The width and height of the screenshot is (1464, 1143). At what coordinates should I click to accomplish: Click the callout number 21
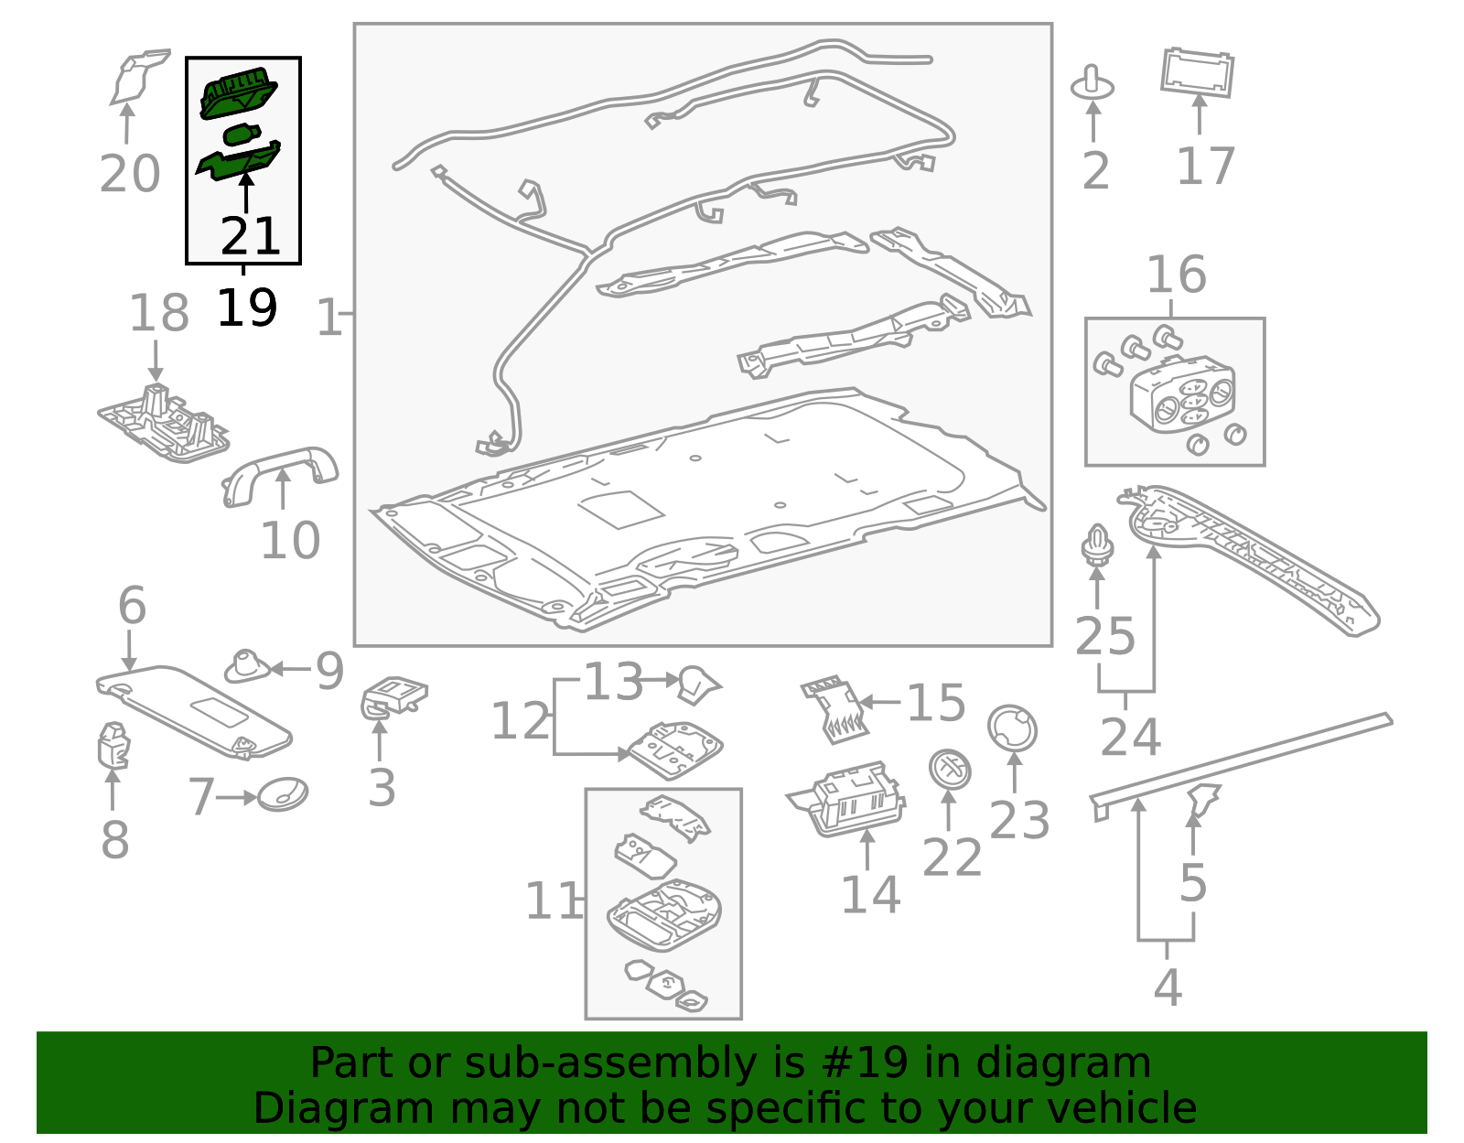[x=250, y=237]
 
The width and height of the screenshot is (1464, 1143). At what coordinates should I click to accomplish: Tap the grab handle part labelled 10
[x=279, y=469]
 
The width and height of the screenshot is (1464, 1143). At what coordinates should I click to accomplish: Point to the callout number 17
[x=1205, y=167]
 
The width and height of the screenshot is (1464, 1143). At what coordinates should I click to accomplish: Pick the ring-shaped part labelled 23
[x=1012, y=729]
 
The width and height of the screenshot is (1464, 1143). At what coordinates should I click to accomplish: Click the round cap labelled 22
[x=950, y=769]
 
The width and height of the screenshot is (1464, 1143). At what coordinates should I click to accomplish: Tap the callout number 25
[x=1104, y=637]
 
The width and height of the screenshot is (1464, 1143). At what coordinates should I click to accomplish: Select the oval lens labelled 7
[x=283, y=794]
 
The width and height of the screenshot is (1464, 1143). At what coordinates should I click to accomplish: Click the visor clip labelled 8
[x=113, y=745]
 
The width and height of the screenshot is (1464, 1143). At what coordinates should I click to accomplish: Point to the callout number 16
[x=1176, y=275]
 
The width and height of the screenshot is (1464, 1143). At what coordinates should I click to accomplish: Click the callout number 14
[x=870, y=895]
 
